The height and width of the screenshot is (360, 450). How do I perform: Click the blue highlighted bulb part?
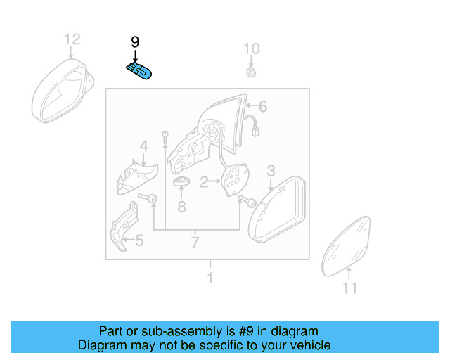(139, 70)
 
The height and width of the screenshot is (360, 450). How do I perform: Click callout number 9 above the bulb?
(136, 43)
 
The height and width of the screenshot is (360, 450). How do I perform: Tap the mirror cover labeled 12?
(62, 91)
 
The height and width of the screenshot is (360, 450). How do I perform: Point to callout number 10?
(252, 49)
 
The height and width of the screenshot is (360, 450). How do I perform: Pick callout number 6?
(263, 107)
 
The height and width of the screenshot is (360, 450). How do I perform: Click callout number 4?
(143, 146)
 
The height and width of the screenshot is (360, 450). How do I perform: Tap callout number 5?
(139, 242)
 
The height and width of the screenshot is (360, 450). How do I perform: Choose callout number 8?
(181, 207)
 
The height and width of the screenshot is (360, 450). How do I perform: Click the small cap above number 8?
(182, 182)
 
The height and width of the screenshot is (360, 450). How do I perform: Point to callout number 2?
(204, 183)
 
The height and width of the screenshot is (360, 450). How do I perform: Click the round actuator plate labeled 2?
(238, 181)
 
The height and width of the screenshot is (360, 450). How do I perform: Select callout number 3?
(271, 170)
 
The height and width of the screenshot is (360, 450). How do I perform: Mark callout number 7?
(195, 243)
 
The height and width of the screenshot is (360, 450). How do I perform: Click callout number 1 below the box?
(210, 278)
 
